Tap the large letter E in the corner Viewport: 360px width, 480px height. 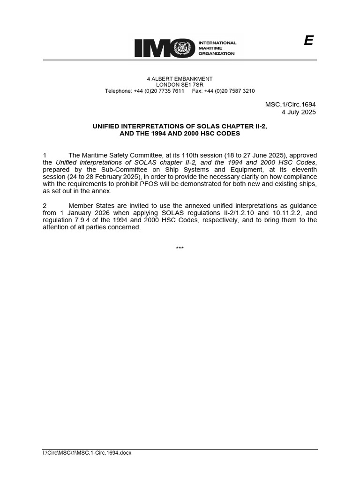click(x=308, y=41)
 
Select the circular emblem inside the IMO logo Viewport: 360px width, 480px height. click(x=180, y=48)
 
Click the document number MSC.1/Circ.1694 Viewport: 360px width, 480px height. click(x=291, y=105)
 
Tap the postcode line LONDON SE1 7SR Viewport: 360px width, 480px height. click(x=180, y=85)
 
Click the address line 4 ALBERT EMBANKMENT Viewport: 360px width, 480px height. click(x=180, y=79)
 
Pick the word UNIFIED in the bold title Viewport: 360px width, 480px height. click(x=107, y=126)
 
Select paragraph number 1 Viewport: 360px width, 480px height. click(x=45, y=156)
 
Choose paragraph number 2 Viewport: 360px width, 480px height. click(x=45, y=206)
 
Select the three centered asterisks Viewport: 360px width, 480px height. click(x=180, y=248)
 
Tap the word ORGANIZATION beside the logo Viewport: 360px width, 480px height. click(x=217, y=54)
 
